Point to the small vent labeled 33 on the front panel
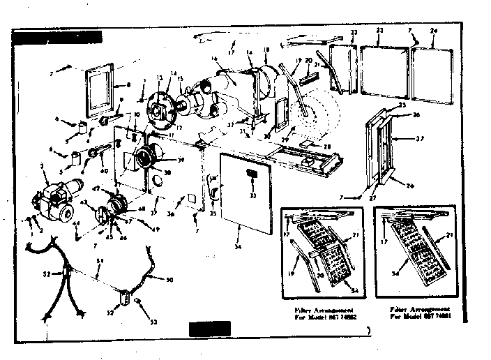pos(252,172)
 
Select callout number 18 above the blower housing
pos(266,50)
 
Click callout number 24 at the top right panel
pos(433,32)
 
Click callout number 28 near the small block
pos(328,148)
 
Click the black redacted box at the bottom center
pos(209,327)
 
